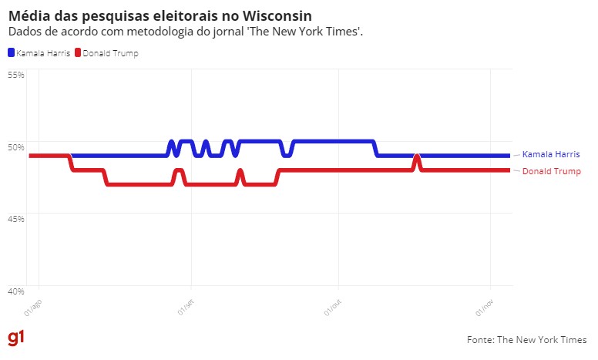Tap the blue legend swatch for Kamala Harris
tap(11, 53)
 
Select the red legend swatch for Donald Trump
tap(77, 53)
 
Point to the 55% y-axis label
tap(16, 75)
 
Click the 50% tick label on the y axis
tap(16, 146)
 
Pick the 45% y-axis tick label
tap(16, 219)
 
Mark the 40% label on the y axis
tap(16, 291)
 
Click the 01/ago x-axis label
tap(32, 309)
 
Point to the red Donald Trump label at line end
tap(551, 171)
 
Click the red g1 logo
tap(15, 338)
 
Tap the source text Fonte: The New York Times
tap(526, 339)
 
